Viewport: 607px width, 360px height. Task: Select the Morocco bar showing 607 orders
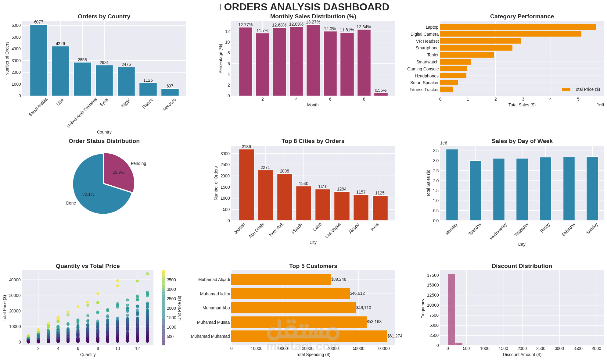pos(170,92)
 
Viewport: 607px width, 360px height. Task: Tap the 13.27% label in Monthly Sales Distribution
pos(313,22)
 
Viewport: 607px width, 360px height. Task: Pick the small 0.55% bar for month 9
pos(381,94)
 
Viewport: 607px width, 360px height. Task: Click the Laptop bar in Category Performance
pos(518,27)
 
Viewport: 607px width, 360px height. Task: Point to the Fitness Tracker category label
pos(424,90)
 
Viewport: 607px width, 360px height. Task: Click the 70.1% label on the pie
pos(88,194)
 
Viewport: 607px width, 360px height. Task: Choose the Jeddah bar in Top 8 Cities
pos(246,185)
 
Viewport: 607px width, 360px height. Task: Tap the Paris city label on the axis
pos(375,227)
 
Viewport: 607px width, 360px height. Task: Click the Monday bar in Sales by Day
pos(452,185)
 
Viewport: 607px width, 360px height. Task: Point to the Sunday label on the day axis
pos(592,229)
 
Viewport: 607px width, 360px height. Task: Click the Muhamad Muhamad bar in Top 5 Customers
pos(309,336)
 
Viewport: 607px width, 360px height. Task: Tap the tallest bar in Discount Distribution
pos(451,310)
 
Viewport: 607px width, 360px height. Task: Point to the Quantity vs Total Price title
pos(88,266)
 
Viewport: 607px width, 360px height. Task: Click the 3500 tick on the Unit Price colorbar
pos(171,280)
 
